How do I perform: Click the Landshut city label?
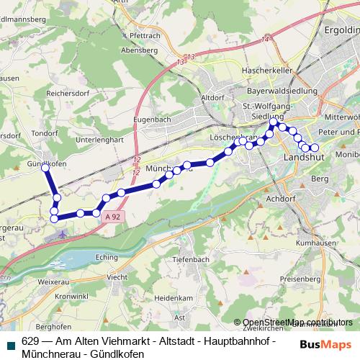305,156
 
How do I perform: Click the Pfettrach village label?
146,35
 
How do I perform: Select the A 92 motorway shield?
112,215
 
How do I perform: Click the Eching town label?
105,256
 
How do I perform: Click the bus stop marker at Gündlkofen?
46,166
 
